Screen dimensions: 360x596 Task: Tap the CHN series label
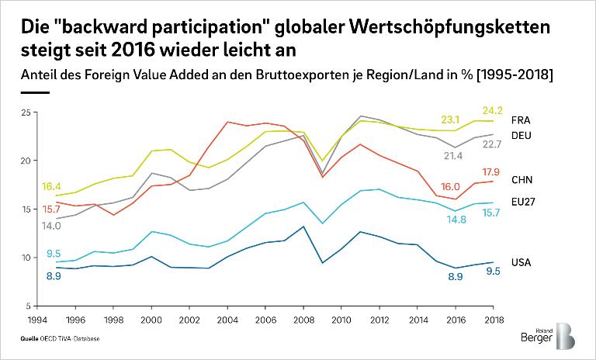click(521, 180)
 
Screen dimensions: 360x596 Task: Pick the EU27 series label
click(523, 202)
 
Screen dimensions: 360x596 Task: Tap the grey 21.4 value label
click(454, 156)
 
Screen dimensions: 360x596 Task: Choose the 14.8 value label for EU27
click(456, 220)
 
